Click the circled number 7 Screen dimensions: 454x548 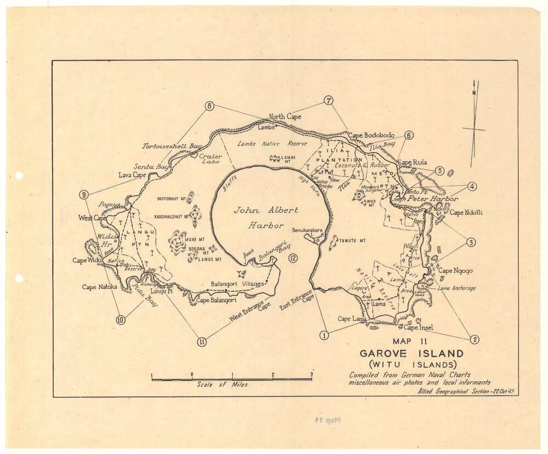328,101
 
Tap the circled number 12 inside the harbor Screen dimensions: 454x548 293,258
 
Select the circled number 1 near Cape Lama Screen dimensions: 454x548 324,335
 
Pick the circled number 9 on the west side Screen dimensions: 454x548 84,194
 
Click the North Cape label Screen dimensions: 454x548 285,117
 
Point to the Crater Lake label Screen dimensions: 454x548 210,159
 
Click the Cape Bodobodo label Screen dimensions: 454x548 371,135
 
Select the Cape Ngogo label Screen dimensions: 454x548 455,271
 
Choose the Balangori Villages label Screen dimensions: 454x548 237,284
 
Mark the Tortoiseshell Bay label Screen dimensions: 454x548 172,147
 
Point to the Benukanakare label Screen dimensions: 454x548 307,230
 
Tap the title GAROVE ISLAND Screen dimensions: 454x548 411,354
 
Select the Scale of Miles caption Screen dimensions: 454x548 222,384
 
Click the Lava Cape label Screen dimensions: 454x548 132,175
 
